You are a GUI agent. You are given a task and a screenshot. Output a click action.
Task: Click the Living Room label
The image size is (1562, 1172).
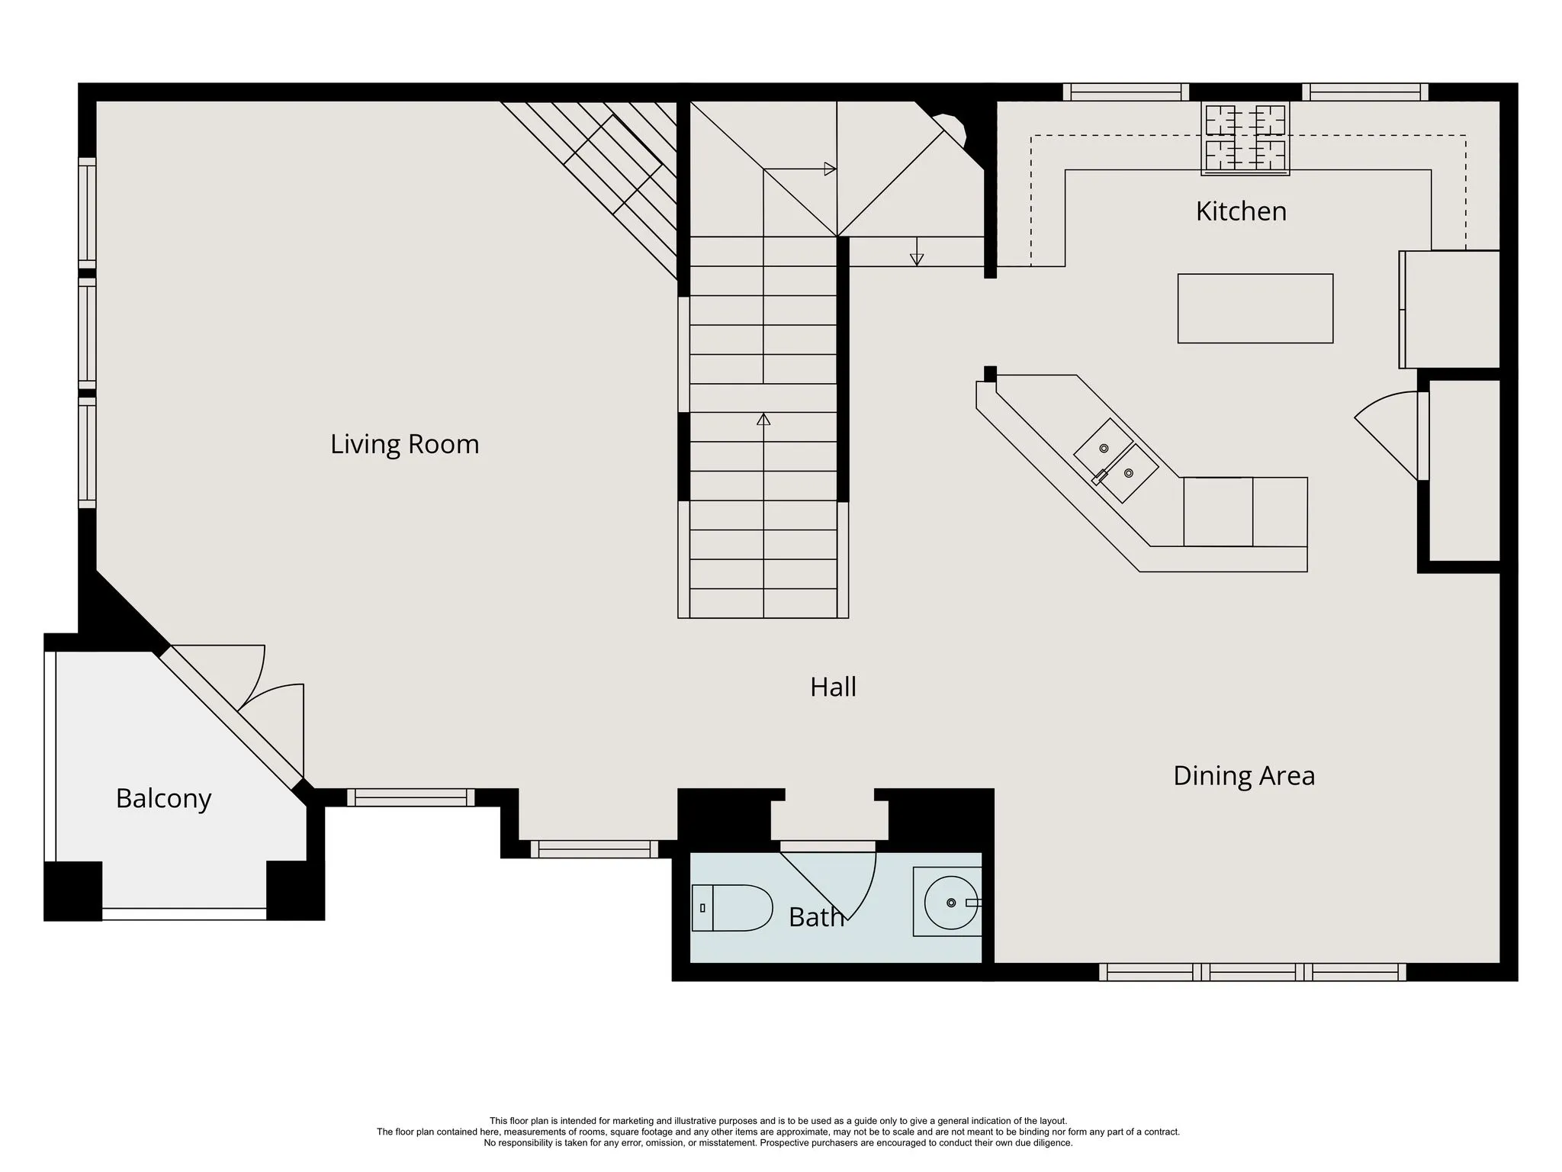click(404, 444)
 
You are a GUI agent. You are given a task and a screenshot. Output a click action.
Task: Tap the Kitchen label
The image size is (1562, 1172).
click(1241, 211)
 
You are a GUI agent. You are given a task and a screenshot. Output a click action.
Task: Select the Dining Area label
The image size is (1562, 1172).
click(1244, 776)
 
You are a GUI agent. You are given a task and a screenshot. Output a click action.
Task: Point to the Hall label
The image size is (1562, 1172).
click(833, 687)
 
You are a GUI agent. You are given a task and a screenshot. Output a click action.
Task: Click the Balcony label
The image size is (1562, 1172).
click(163, 799)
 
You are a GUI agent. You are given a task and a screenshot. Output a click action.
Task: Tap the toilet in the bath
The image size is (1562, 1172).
click(731, 908)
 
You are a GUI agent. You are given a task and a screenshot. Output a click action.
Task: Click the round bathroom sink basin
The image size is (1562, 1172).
click(951, 903)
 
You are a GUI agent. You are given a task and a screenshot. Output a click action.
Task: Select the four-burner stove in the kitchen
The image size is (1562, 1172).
click(1245, 138)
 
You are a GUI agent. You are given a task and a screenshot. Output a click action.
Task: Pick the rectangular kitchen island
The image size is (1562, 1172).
click(1255, 308)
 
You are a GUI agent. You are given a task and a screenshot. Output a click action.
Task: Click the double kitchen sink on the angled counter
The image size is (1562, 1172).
click(1116, 460)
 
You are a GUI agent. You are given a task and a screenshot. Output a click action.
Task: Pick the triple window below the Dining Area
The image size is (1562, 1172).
click(1252, 972)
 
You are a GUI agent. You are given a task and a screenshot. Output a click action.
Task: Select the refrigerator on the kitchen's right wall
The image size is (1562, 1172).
click(1450, 310)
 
